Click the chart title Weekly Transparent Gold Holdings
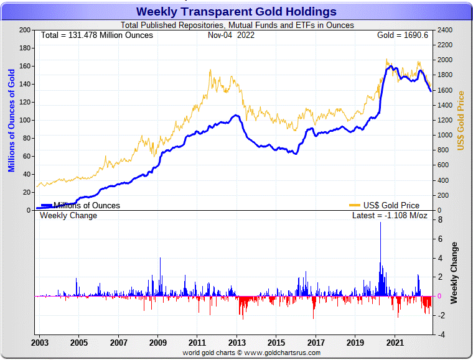point(236,12)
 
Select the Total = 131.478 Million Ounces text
point(96,35)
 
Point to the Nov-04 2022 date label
point(231,35)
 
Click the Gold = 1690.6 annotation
point(402,35)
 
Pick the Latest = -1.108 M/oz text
point(390,216)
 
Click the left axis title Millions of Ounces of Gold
point(11,120)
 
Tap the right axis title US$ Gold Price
point(461,120)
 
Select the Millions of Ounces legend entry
point(80,205)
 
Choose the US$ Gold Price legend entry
point(385,205)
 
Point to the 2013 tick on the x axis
point(236,343)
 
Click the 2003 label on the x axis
point(39,343)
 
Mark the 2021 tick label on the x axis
point(395,343)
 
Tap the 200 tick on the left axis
point(26,30)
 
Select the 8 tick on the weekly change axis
point(440,220)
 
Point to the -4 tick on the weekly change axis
point(439,335)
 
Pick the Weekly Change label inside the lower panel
point(68,216)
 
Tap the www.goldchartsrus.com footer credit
point(251,353)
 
